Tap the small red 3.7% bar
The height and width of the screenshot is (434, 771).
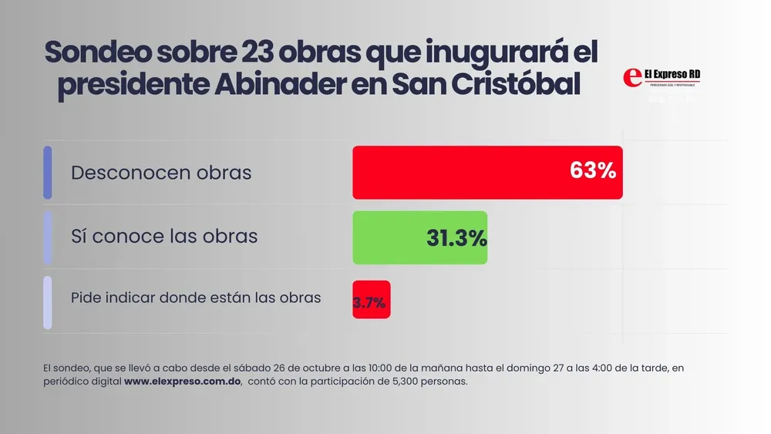(x=371, y=299)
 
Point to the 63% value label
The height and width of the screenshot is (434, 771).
(x=593, y=171)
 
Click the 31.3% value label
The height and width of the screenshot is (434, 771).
(x=456, y=238)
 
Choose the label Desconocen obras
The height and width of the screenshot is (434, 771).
(x=161, y=172)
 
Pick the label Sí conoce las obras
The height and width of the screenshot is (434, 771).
(x=164, y=236)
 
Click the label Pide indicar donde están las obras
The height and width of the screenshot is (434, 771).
(x=196, y=298)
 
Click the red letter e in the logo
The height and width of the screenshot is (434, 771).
(x=632, y=77)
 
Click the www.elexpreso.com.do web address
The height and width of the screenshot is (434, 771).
(x=183, y=382)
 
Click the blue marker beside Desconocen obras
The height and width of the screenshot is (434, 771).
(x=48, y=172)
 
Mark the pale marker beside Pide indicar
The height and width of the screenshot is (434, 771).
(x=48, y=302)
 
